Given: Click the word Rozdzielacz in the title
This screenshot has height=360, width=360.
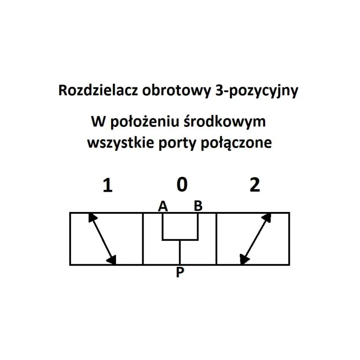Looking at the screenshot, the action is pyautogui.click(x=98, y=90).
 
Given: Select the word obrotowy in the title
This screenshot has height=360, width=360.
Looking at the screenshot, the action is pyautogui.click(x=176, y=91).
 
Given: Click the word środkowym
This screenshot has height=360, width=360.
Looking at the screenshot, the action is pyautogui.click(x=225, y=121).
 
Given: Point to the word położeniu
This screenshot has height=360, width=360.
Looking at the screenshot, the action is pyautogui.click(x=144, y=121).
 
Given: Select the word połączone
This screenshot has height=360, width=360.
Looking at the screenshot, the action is pyautogui.click(x=236, y=143).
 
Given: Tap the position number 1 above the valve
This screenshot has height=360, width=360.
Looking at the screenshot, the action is pyautogui.click(x=108, y=185).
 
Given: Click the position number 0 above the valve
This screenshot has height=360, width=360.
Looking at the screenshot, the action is pyautogui.click(x=182, y=185).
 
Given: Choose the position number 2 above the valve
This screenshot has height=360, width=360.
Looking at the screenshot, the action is pyautogui.click(x=255, y=185).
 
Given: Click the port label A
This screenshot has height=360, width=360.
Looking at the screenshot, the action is pyautogui.click(x=163, y=206).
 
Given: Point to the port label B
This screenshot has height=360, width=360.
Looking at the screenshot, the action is pyautogui.click(x=198, y=206).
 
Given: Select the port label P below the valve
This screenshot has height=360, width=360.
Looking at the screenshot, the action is pyautogui.click(x=180, y=273).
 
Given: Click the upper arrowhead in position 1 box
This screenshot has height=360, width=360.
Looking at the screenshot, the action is pyautogui.click(x=92, y=218).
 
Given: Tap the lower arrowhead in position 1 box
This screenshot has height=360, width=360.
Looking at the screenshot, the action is pyautogui.click(x=112, y=260).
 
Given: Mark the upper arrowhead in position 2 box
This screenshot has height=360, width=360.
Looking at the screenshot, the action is pyautogui.click(x=267, y=218).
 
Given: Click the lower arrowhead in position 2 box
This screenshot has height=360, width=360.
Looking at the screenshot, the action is pyautogui.click(x=244, y=260).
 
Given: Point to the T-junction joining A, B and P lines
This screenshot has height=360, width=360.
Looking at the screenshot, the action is pyautogui.click(x=180, y=240).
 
